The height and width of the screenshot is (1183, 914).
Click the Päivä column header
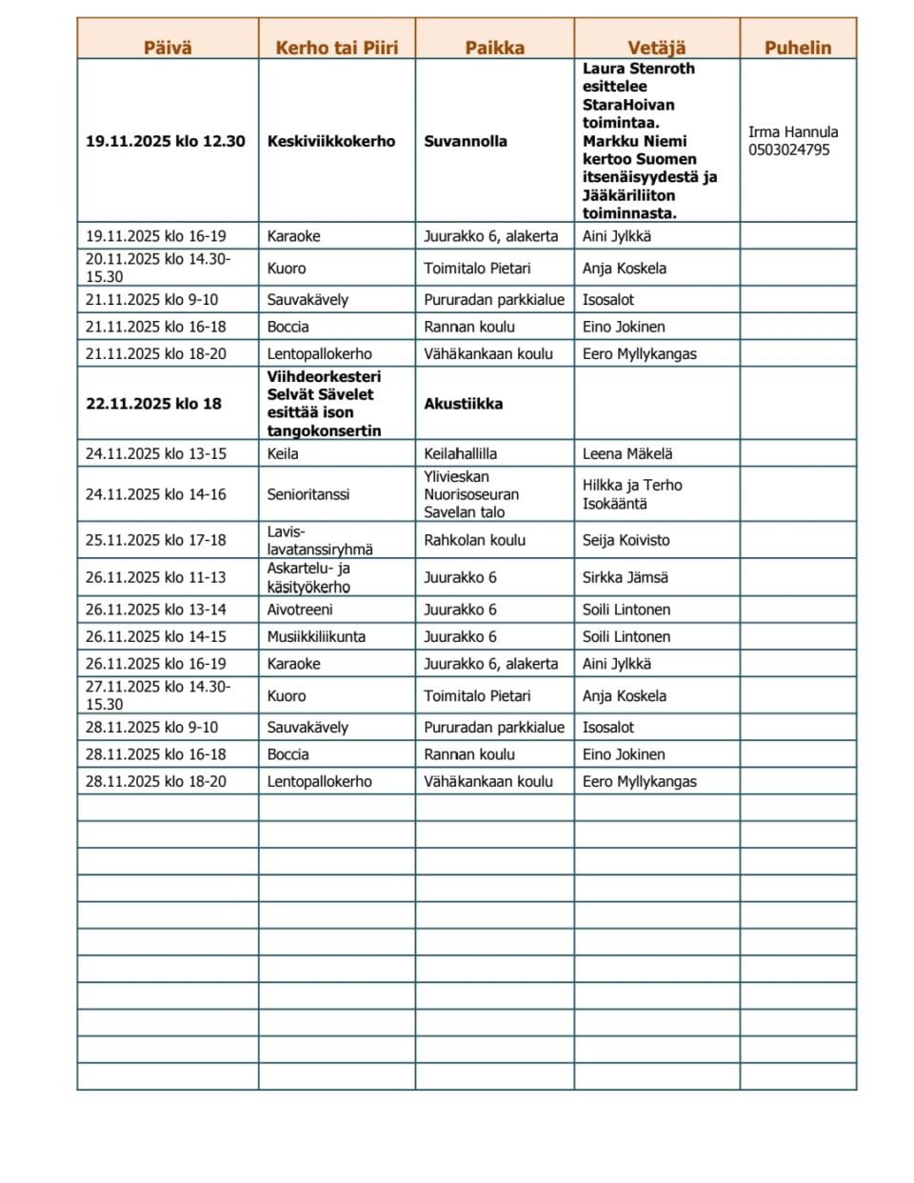click(168, 48)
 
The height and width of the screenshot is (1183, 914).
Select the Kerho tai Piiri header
click(336, 48)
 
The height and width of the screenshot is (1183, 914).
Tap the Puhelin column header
click(797, 48)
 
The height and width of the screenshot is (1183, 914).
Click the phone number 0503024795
click(788, 150)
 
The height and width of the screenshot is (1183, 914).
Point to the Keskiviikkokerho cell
click(330, 141)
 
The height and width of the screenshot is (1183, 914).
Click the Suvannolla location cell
click(465, 141)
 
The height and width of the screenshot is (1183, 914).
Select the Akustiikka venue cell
click(463, 404)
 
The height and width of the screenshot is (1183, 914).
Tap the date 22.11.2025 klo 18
click(153, 404)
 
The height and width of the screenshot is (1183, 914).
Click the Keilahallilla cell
click(460, 453)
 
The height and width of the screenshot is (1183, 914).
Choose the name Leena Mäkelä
click(626, 453)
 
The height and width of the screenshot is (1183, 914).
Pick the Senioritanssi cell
click(308, 494)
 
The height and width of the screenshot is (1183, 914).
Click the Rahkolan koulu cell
click(474, 540)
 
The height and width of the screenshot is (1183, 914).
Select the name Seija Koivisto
click(626, 540)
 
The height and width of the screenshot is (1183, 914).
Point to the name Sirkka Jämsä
click(625, 577)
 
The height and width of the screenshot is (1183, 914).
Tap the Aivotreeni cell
click(299, 610)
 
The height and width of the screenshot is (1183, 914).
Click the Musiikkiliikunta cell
click(315, 636)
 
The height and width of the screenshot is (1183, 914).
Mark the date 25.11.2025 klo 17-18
click(155, 540)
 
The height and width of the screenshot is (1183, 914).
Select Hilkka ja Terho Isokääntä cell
click(631, 494)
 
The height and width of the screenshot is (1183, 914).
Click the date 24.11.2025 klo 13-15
click(155, 453)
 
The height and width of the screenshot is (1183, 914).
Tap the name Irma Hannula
click(792, 131)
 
